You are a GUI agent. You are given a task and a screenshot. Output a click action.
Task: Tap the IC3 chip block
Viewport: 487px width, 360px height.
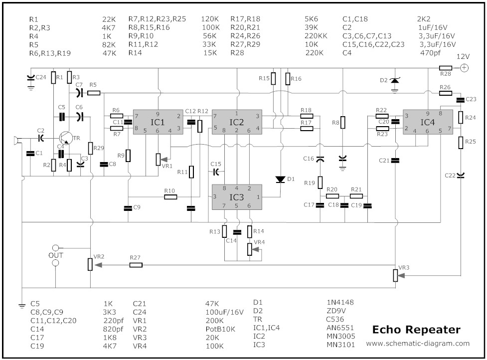point(237,197)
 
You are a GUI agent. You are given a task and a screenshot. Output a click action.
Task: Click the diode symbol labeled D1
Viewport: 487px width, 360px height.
point(280,179)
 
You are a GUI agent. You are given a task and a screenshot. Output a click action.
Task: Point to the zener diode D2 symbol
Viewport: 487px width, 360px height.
point(395,80)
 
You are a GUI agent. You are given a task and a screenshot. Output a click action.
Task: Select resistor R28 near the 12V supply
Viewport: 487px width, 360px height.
point(445,68)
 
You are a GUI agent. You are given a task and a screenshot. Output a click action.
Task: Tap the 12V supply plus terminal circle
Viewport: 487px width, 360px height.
point(464,68)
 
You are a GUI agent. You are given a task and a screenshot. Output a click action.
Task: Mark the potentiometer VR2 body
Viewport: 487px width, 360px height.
point(90,264)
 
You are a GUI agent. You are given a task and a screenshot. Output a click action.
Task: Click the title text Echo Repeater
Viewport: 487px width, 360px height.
point(416,330)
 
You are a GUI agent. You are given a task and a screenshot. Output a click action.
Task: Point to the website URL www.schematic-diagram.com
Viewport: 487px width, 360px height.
point(418,344)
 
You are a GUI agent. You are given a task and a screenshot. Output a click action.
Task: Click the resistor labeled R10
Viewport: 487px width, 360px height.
point(170,197)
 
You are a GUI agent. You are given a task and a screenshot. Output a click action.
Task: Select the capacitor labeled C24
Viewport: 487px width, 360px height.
point(31,78)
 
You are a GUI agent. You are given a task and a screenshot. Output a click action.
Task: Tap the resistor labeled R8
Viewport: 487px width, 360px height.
point(342,123)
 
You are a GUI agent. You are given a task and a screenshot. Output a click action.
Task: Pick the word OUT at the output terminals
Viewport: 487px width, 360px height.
point(56,255)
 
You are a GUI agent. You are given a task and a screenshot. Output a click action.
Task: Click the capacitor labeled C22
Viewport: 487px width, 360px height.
point(460,175)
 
